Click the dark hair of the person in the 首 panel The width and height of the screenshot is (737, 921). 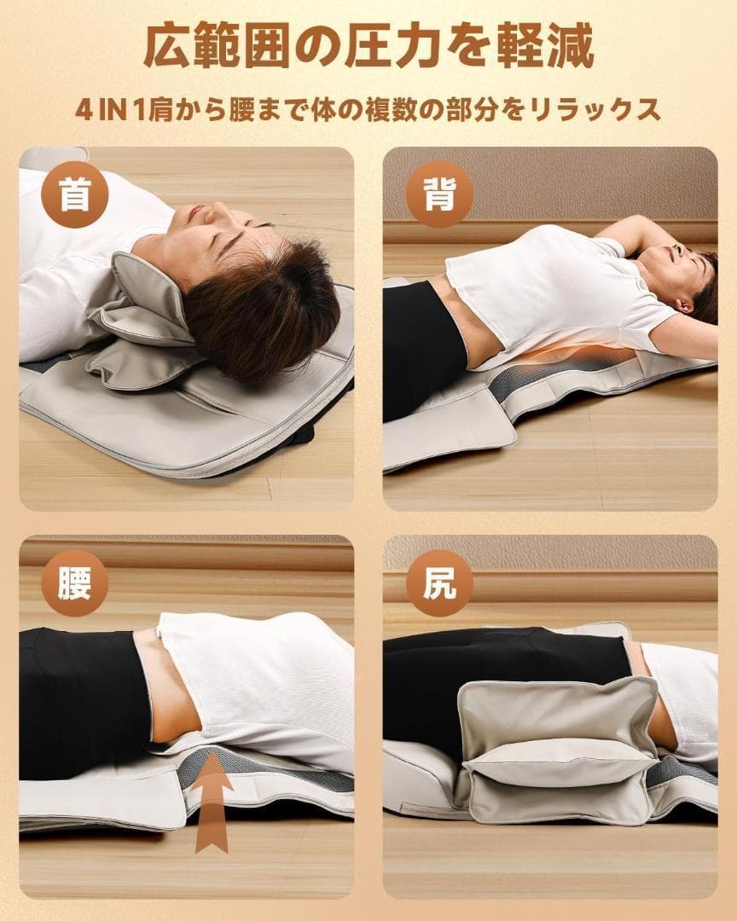[x=264, y=307]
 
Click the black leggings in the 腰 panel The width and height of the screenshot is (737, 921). [x=77, y=699]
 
